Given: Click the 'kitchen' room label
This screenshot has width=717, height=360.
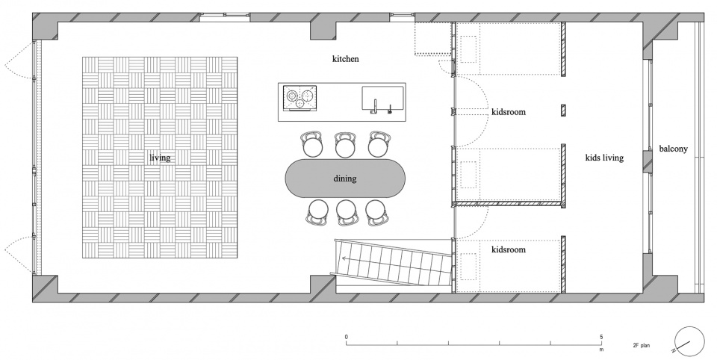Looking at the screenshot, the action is coord(345,59).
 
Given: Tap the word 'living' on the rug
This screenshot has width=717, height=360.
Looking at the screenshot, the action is coord(160,158).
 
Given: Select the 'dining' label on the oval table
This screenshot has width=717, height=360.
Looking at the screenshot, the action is coord(345,179).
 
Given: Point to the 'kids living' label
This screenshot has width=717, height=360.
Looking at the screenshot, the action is coord(604,158).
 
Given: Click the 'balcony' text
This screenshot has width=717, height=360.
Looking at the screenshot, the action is coord(673,149).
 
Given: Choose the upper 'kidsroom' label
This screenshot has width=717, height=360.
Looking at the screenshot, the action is coord(509,111).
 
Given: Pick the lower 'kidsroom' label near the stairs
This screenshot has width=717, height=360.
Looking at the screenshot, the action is coord(509,249).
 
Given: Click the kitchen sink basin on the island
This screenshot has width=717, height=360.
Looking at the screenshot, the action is coord(383,99).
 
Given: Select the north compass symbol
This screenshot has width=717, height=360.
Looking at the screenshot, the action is coord(689,342).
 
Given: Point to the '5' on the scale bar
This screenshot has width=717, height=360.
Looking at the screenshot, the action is coord(601,337).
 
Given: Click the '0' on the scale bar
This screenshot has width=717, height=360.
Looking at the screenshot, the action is coord(347,337).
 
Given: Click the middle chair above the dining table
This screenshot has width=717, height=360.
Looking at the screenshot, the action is coord(345,145).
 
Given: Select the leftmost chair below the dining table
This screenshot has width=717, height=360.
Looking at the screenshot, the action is coord(317,212).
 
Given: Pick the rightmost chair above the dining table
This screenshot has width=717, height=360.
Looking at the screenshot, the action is coord(379,145).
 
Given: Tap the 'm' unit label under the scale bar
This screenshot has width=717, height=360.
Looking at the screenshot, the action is coord(601,350).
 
